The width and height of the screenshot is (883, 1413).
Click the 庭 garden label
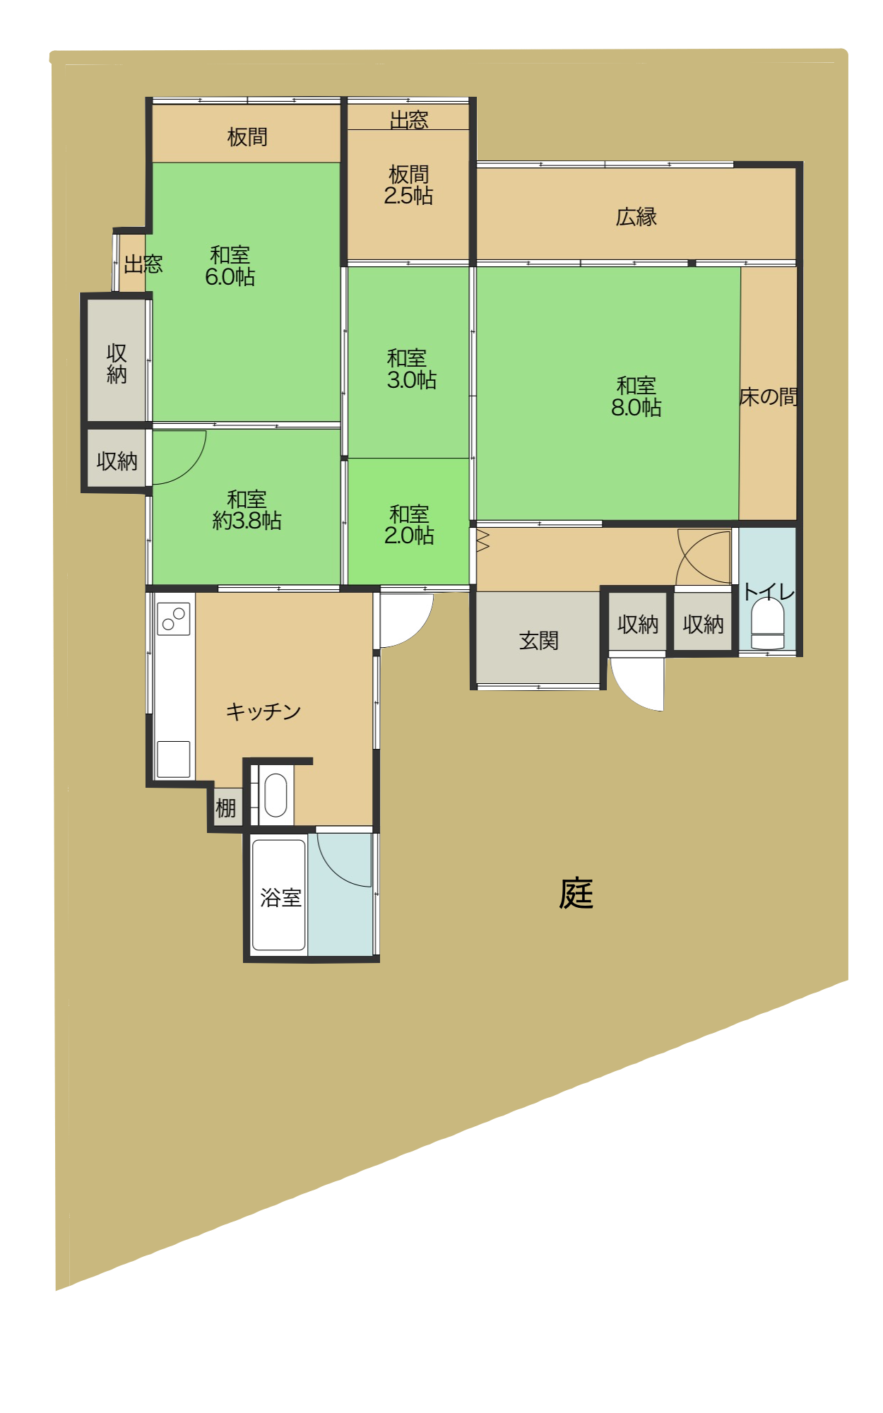[576, 894]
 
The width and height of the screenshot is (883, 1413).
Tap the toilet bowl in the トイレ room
[767, 623]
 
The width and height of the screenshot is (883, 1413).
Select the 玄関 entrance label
[539, 641]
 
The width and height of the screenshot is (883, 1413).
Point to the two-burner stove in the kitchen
[174, 619]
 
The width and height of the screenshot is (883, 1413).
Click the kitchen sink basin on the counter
[173, 759]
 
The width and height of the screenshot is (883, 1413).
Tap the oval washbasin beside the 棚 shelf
[275, 796]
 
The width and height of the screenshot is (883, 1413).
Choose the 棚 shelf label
[225, 808]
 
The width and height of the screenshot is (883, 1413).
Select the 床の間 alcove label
[769, 397]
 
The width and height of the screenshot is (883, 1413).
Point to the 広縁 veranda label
[636, 217]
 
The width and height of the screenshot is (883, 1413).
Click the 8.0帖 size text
[636, 408]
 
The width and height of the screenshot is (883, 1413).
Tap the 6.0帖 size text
[230, 277]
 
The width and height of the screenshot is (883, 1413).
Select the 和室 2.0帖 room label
[409, 524]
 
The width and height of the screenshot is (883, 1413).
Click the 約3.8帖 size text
[247, 521]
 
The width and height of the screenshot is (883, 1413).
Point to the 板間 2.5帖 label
[409, 185]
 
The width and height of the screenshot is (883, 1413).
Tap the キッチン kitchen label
[263, 711]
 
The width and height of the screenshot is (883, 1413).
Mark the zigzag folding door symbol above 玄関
[483, 540]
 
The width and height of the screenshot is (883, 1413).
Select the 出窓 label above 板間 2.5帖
[409, 120]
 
